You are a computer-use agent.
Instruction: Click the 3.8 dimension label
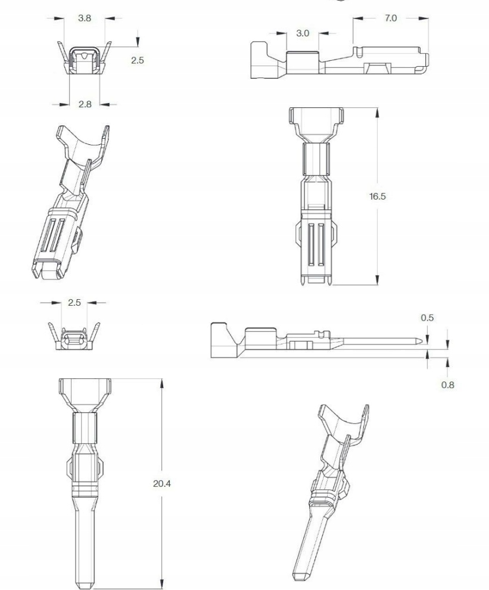tap(84, 18)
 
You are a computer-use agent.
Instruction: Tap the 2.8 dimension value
tap(85, 104)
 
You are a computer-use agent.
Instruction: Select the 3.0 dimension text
tap(303, 33)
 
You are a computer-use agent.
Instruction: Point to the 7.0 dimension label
tap(391, 18)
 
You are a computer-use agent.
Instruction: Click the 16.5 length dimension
tap(377, 196)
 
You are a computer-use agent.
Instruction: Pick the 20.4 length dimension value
tap(162, 483)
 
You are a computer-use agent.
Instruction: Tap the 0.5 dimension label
tap(427, 318)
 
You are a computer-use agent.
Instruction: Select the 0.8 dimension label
tap(448, 384)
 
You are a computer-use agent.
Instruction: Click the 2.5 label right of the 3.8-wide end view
tap(138, 60)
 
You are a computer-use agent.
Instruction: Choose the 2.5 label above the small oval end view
tap(74, 303)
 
